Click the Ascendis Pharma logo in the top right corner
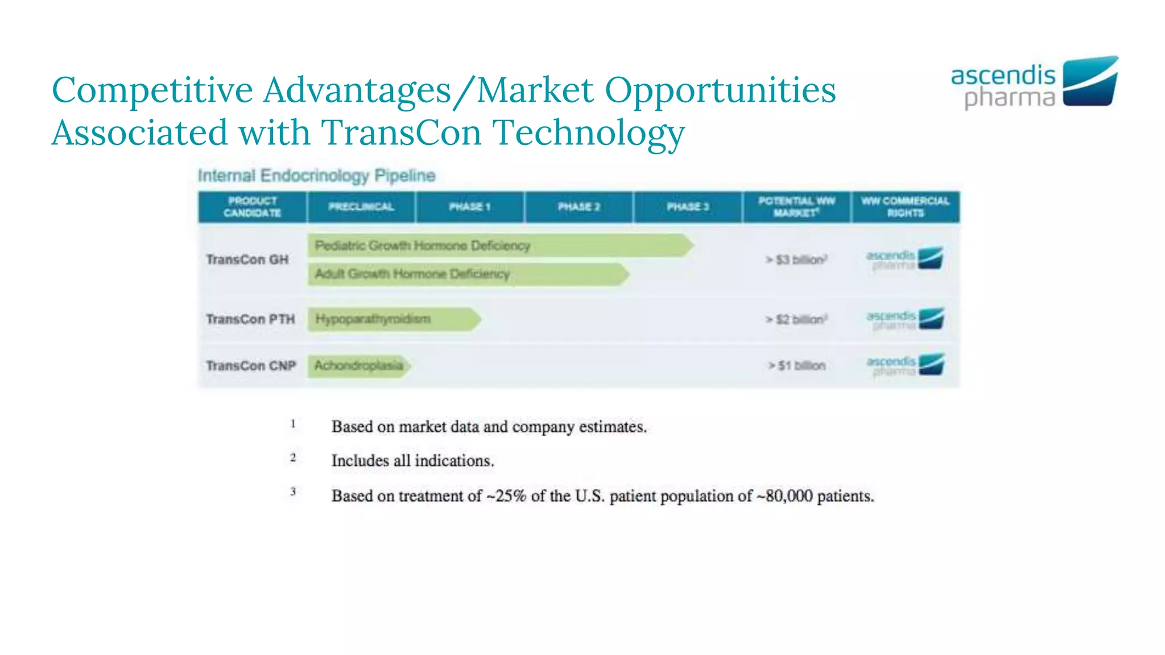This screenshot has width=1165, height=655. click(x=1034, y=83)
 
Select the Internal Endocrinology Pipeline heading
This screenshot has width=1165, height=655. click(x=316, y=176)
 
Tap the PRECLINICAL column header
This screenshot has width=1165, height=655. click(x=361, y=207)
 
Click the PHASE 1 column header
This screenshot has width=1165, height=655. click(x=469, y=207)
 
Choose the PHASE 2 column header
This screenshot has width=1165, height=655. click(x=579, y=207)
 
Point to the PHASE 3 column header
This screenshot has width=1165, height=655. click(x=688, y=207)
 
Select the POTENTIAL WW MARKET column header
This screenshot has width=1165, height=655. click(x=796, y=207)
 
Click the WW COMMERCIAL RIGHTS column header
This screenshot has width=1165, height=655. click(x=905, y=207)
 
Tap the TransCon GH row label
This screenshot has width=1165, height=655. click(x=247, y=260)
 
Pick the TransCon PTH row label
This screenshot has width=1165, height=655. click(x=250, y=319)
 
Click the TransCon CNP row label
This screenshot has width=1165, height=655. click(x=251, y=366)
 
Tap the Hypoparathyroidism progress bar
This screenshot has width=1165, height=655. click(x=393, y=319)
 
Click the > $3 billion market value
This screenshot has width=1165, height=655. click(x=796, y=260)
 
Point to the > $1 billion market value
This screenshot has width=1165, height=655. click(x=797, y=366)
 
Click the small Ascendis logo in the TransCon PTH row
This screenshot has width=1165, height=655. click(x=905, y=319)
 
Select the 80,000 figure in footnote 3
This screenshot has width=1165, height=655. click(x=788, y=496)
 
